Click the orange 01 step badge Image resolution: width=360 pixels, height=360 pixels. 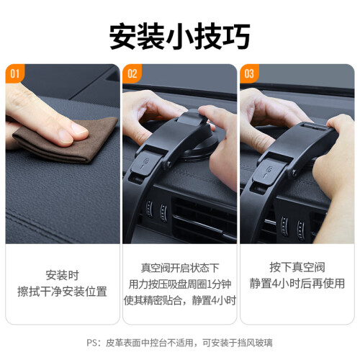pos(14,73)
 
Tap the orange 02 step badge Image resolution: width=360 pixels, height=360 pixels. pos(132,73)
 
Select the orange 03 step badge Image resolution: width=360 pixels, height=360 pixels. pos(249,73)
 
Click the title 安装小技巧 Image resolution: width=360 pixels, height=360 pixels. pos(180,36)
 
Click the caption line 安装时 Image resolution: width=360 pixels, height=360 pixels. pos(62,275)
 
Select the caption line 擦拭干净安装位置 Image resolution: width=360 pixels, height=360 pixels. pos(62,292)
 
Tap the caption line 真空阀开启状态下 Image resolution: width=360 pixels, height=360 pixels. pos(180,268)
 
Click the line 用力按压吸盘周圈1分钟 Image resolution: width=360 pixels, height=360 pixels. pos(180,284)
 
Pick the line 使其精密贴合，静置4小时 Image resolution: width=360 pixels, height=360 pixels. pos(180,300)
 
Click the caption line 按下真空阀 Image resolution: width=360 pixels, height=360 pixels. pos(297,267)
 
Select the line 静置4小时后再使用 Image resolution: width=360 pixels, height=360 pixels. pos(297,283)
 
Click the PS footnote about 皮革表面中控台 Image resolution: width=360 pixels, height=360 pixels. pos(179,343)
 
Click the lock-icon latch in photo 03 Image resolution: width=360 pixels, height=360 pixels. pos(269,170)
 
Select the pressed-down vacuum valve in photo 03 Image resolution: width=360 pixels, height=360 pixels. pos(315,127)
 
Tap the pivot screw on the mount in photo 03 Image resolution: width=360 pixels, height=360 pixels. pos(294,171)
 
